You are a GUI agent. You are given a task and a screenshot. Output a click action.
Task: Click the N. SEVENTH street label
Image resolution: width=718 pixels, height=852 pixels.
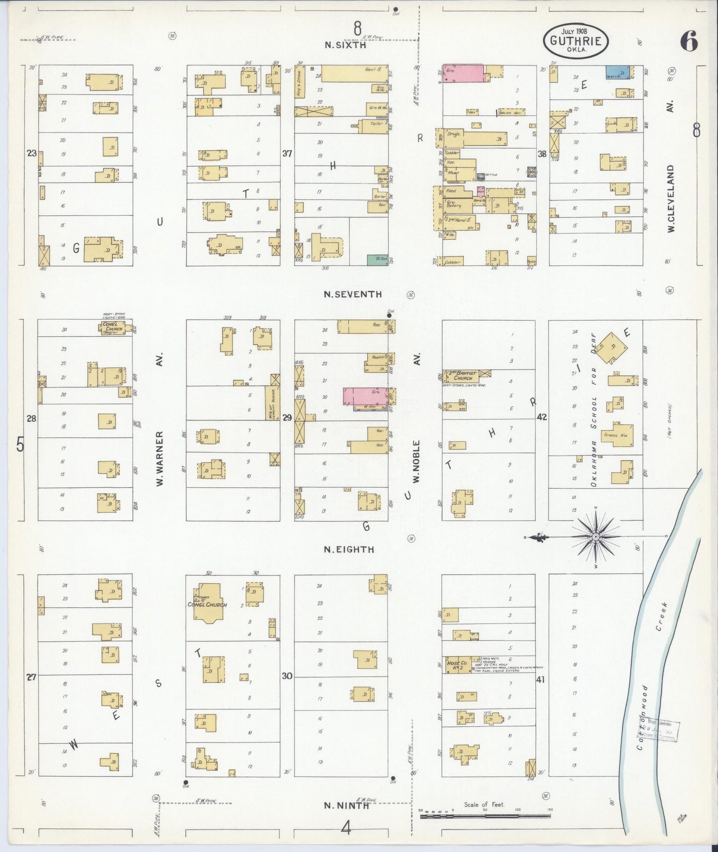coord(352,294)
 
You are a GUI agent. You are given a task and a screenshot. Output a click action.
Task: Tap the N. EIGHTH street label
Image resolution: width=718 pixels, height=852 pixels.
coord(348,549)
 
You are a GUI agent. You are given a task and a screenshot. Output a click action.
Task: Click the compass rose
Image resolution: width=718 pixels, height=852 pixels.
coord(595,537)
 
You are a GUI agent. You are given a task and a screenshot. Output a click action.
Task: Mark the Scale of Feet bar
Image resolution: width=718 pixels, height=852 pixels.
coord(486,816)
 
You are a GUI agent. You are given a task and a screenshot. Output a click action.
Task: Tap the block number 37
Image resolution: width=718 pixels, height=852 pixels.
coord(287,154)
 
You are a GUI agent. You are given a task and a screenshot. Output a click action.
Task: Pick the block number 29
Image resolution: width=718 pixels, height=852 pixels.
coord(287,418)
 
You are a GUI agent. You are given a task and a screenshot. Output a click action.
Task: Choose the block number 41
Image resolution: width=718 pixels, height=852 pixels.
coord(541,679)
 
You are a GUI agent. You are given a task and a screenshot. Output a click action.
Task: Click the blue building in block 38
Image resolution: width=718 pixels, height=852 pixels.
coord(619,73)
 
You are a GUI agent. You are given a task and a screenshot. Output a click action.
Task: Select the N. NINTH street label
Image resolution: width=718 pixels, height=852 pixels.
coord(346,806)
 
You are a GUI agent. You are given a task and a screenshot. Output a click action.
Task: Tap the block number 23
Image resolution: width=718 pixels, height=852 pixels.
coord(32,153)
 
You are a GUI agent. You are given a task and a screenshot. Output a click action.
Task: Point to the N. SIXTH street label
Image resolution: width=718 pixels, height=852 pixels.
coord(345,45)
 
